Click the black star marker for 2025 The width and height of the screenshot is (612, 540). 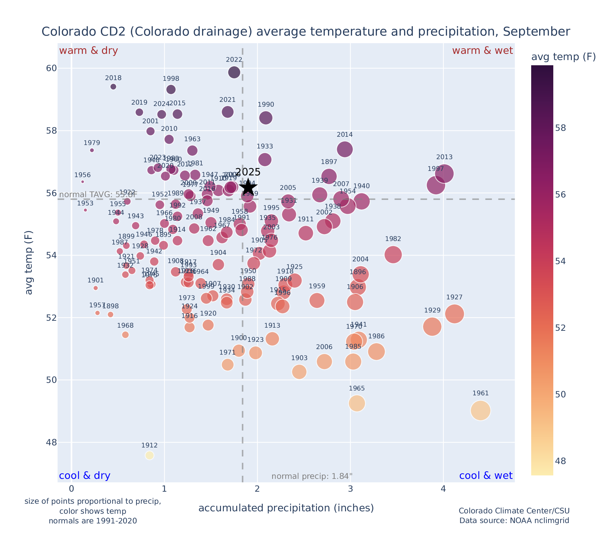[x=248, y=187]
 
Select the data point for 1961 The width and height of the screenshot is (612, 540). [x=480, y=411]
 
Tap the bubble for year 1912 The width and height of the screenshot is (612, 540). [x=149, y=455]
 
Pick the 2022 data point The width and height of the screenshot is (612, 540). [x=234, y=73]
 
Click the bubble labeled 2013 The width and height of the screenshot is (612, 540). [x=444, y=174]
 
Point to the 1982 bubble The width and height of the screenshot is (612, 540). [x=393, y=255]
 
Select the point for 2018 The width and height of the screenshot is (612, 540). [x=113, y=87]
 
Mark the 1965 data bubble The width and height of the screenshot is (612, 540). [x=357, y=403]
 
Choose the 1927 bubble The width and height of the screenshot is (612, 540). [x=454, y=314]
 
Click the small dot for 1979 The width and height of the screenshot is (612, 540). [x=92, y=150]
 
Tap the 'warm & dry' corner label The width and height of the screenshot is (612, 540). [x=88, y=51]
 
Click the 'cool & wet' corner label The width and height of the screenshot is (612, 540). [x=486, y=476]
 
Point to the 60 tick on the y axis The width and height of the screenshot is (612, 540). [x=51, y=68]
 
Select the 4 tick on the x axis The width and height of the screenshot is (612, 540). [x=443, y=489]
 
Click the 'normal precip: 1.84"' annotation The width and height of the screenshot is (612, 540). [x=312, y=476]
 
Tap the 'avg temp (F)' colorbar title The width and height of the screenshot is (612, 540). [x=563, y=57]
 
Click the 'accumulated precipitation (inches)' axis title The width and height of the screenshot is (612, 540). [x=286, y=508]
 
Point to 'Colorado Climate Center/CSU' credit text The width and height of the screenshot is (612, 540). [x=514, y=511]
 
